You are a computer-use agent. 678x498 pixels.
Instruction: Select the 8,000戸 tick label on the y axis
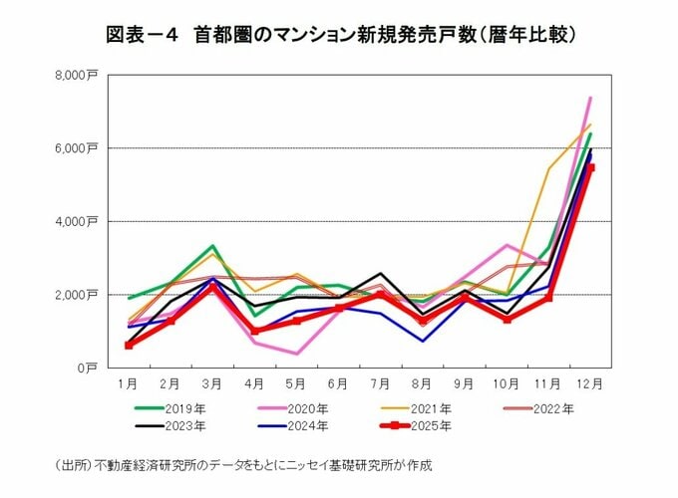point(77,75)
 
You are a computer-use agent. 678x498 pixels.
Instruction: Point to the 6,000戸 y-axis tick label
point(77,148)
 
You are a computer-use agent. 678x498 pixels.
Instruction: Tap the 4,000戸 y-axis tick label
point(77,221)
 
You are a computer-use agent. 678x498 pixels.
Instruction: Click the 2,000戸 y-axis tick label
point(77,295)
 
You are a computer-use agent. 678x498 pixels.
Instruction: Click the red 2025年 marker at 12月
point(590,167)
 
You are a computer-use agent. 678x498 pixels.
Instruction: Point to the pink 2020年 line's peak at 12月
point(590,98)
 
